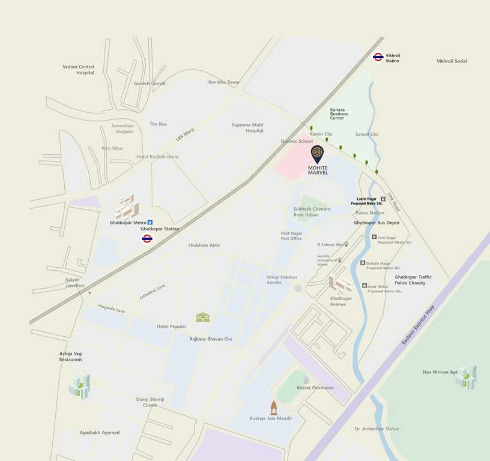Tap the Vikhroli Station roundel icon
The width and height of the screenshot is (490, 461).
378,57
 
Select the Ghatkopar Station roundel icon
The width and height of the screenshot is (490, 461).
147,239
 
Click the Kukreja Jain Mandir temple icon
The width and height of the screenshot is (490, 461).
274,408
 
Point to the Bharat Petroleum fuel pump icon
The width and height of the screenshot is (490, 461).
306,380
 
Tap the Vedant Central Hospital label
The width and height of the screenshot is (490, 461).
79,70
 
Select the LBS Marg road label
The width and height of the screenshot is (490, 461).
185,134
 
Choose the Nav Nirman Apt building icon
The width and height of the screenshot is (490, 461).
466,376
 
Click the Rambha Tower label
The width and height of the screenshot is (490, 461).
224,82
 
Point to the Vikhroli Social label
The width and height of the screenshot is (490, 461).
452,61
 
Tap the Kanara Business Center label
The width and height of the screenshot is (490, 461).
339,113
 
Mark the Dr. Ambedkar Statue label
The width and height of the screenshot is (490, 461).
377,429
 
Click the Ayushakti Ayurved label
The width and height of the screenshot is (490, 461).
100,432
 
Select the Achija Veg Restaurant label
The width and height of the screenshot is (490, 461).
70,357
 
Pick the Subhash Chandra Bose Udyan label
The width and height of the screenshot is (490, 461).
312,211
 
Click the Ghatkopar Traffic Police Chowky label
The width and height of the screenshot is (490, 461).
413,280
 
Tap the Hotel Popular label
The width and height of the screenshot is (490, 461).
172,327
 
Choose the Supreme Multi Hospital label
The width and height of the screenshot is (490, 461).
247,128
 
